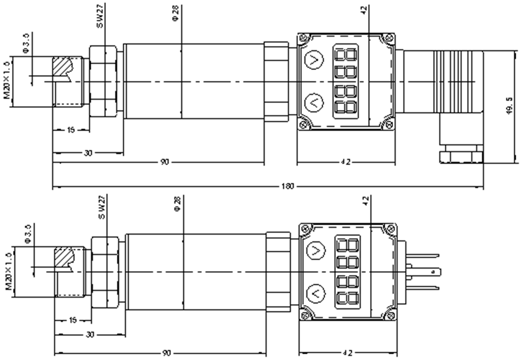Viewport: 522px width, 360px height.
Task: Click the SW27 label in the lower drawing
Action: pyautogui.click(x=103, y=208)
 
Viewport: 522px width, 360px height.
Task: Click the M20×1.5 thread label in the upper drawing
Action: pyautogui.click(x=7, y=82)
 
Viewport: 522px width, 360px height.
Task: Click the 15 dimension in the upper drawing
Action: pyautogui.click(x=72, y=129)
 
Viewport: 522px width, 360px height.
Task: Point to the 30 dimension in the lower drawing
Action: pyautogui.click(x=90, y=334)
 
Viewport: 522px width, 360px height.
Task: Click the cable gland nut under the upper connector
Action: pyautogui.click(x=462, y=156)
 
